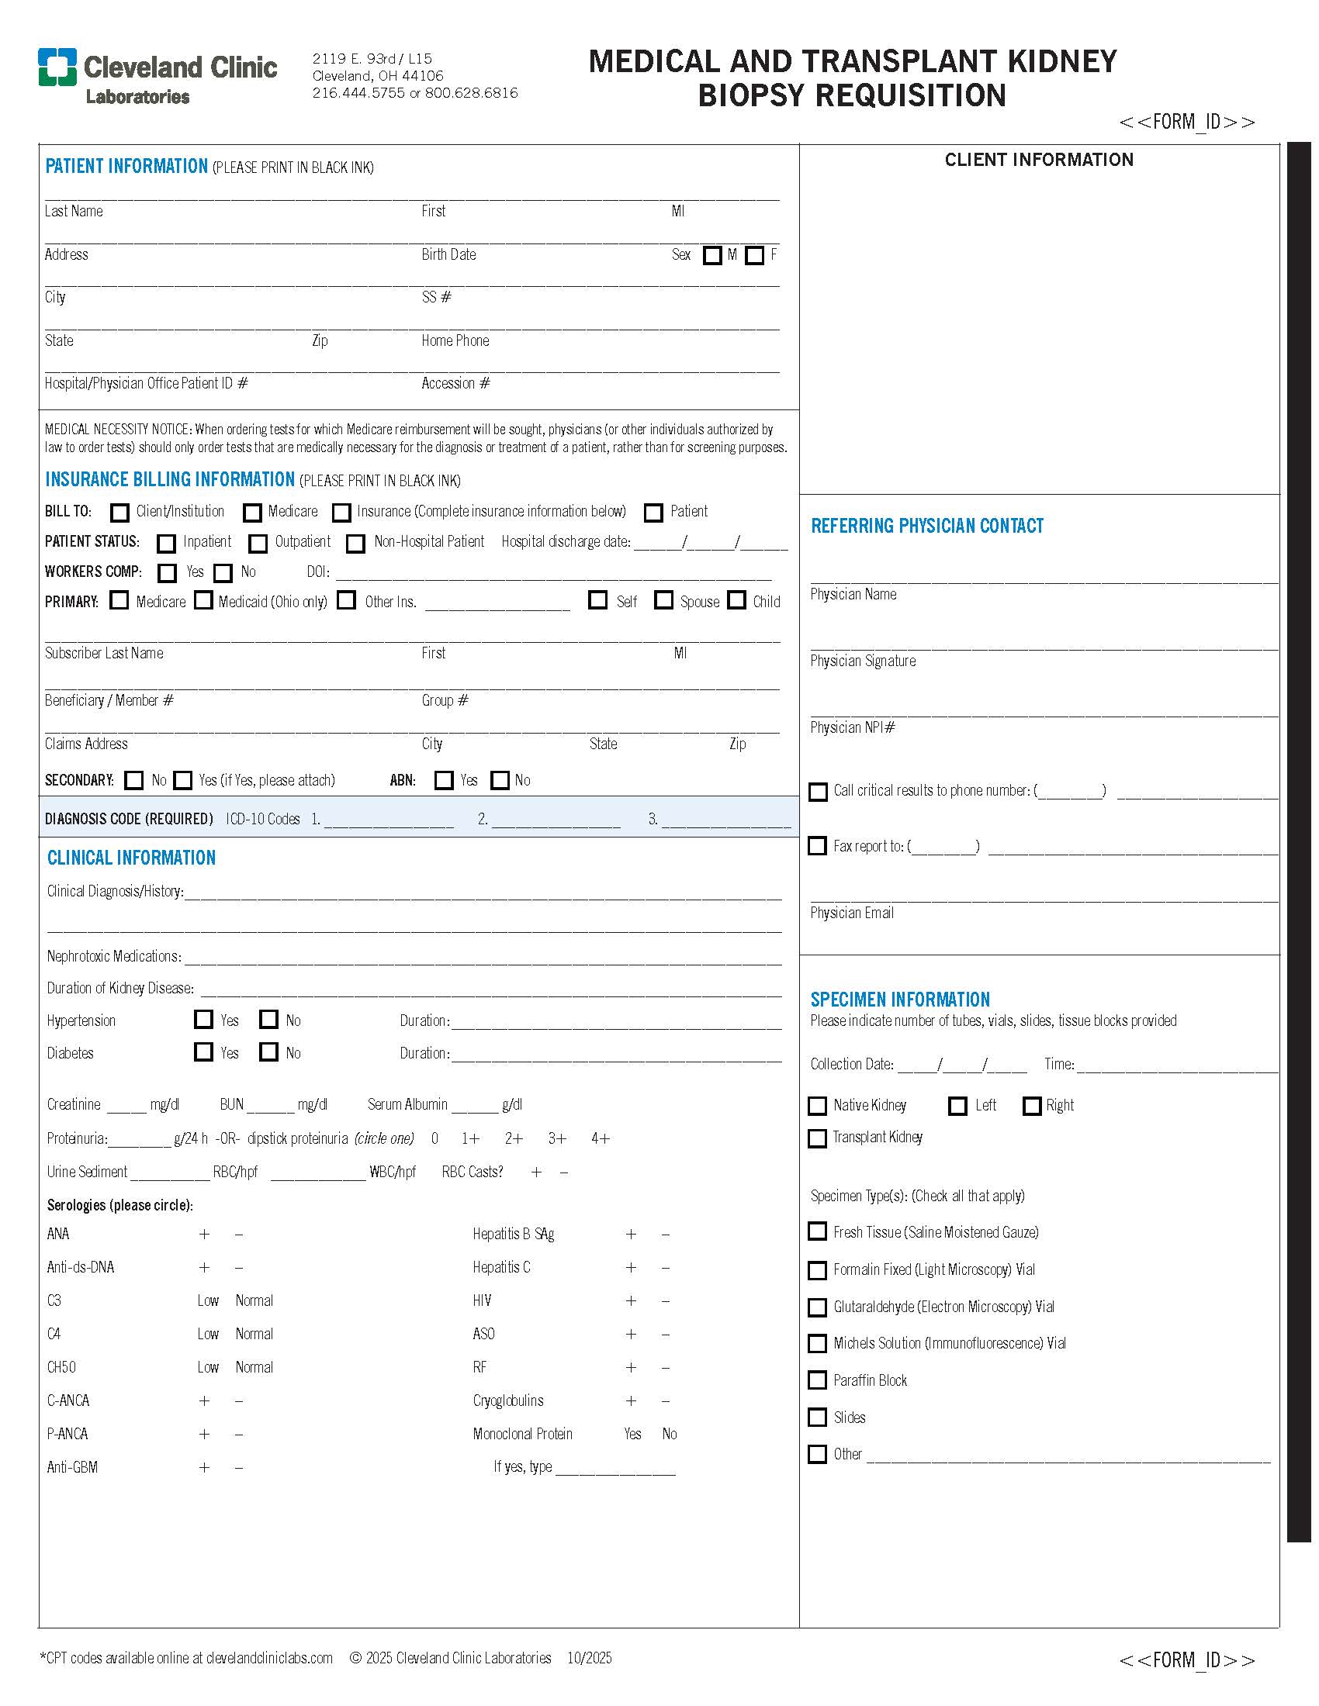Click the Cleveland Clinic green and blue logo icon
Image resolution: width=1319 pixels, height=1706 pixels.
pos(57,67)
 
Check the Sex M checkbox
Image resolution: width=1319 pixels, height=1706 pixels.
pos(711,255)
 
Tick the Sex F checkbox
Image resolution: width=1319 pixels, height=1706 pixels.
pos(754,255)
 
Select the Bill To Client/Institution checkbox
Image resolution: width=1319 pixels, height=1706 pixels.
pos(119,513)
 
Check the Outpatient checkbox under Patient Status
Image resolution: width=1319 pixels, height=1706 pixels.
pos(258,543)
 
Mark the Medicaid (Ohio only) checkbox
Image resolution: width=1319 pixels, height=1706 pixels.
pos(203,601)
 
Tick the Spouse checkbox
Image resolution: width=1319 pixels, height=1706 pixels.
pos(663,601)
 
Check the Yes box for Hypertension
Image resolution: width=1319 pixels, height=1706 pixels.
pos(203,1020)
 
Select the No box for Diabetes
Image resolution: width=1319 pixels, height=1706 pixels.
pos(268,1052)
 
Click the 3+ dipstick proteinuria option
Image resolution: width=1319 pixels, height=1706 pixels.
pos(557,1139)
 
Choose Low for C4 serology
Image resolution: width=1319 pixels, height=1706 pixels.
pos(208,1335)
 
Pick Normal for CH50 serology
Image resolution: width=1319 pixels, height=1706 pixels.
pos(254,1368)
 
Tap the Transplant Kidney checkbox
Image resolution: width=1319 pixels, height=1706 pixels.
pos(817,1138)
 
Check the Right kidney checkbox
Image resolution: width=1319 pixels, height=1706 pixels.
pos(1031,1106)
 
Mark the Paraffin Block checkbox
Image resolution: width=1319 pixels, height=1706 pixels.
pos(817,1380)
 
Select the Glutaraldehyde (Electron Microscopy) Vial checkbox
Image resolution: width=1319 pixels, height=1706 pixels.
pos(817,1307)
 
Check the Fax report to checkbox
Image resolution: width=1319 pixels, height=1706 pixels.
pos(817,846)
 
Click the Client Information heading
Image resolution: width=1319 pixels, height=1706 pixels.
pos(1038,161)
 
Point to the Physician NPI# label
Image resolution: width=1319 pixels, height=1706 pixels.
pos(853,727)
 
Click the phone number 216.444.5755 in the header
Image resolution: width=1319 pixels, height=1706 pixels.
pos(358,93)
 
